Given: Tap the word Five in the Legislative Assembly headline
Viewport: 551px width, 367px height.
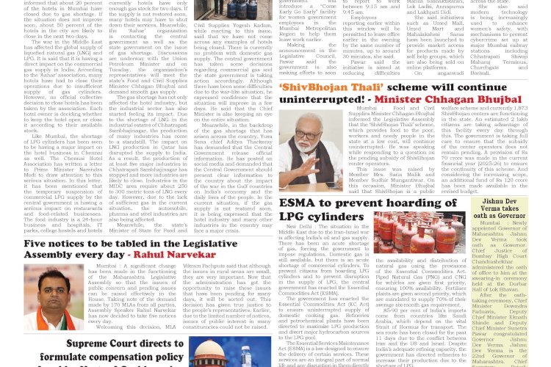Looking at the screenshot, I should tap(38, 243).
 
